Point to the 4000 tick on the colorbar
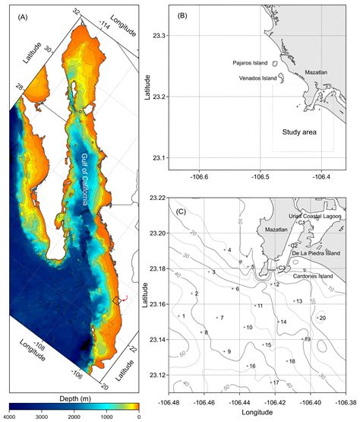(x=9, y=417)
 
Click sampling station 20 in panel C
(x=322, y=318)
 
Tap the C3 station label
(x=282, y=268)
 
